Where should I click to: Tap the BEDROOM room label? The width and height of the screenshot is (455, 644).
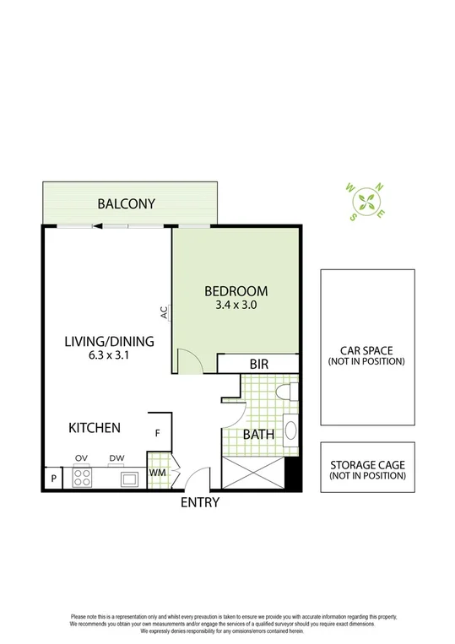[x=236, y=291]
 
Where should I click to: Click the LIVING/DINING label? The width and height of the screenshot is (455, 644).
[x=109, y=341]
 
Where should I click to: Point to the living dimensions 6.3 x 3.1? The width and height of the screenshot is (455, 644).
[x=109, y=355]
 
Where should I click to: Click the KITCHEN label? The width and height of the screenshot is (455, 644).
[x=95, y=428]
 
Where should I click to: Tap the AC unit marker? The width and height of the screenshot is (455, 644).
[x=165, y=312]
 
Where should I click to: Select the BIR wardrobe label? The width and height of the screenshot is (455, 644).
[x=258, y=365]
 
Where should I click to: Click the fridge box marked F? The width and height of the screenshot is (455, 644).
[x=158, y=433]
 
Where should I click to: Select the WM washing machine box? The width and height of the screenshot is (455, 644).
[x=157, y=473]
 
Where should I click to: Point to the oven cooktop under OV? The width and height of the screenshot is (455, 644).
[x=83, y=478]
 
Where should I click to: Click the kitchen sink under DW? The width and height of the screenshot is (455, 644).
[x=128, y=479]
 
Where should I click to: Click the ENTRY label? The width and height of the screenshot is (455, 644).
[x=200, y=502]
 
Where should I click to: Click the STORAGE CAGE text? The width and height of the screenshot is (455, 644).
[x=367, y=466]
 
